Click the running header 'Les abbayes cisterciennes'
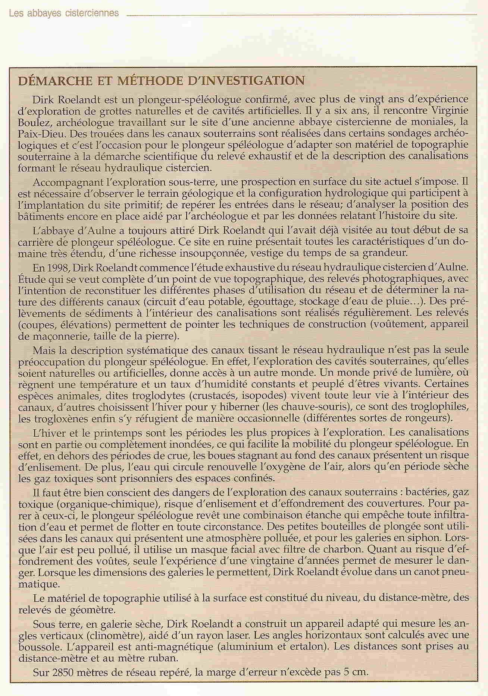coord(63,14)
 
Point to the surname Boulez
coord(32,122)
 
